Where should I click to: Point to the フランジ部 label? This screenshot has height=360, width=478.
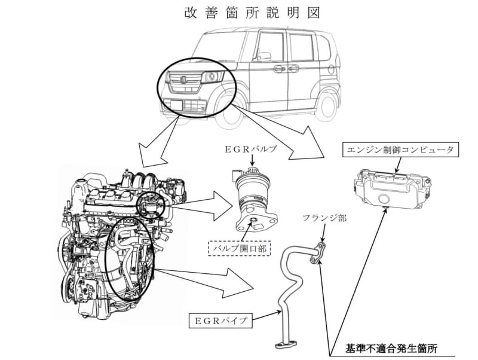[326, 219]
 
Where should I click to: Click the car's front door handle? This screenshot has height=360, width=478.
[278, 69]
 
